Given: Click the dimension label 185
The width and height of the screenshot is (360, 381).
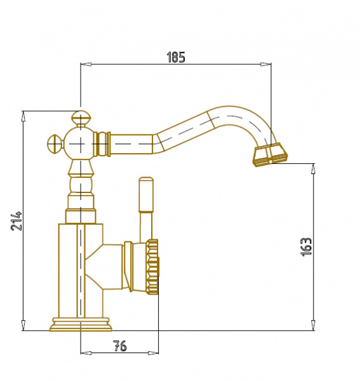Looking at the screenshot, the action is coord(176,57).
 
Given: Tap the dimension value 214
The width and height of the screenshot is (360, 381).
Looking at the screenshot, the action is coord(17,221).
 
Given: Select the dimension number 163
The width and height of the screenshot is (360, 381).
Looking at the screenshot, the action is coord(306,247).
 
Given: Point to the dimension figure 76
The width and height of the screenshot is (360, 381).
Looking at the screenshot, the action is coord(120,345).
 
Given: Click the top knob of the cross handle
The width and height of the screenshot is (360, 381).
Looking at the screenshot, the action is coord(81,117).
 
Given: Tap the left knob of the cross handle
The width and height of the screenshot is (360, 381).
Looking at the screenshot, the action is coord(54,144).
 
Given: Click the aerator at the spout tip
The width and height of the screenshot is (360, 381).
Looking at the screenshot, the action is coord(270,154).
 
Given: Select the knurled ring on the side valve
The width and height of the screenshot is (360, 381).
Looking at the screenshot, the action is coord(152,267).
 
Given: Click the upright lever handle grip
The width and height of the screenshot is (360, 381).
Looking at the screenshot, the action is coord(146,194).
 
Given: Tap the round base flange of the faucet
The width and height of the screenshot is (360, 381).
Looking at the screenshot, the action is coord(81,324).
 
